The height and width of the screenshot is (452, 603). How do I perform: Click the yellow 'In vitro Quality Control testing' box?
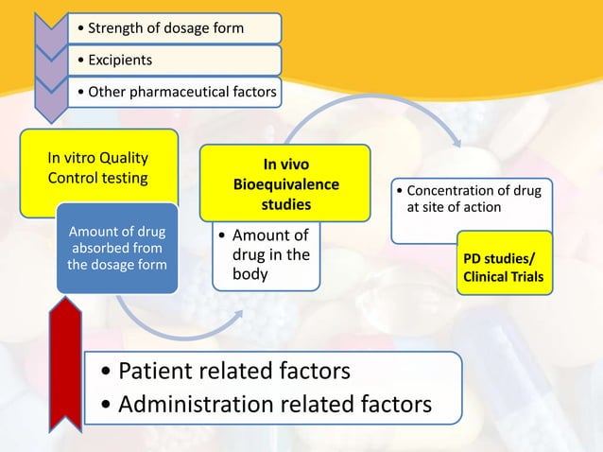pos(98,167)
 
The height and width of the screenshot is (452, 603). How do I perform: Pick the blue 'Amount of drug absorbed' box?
pos(117,247)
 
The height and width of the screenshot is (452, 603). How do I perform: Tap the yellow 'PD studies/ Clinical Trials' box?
pos(506,268)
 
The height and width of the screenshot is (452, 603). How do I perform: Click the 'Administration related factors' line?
pos(267,404)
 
